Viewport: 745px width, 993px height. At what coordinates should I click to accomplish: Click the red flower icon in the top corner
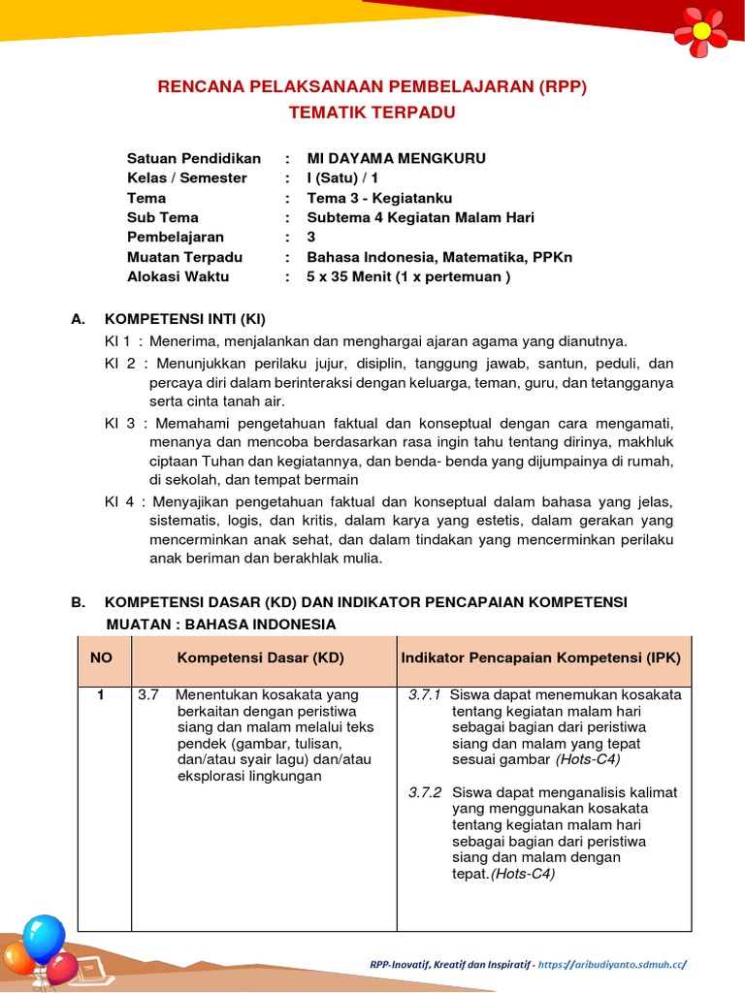tap(700, 29)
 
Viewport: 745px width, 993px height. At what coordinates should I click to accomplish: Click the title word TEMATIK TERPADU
tap(372, 112)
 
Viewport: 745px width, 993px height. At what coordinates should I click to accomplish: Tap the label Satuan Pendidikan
tap(194, 158)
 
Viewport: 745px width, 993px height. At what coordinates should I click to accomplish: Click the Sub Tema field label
tap(163, 217)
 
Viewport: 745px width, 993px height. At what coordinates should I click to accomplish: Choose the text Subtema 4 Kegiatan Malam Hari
tap(420, 217)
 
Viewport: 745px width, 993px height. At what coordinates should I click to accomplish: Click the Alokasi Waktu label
tap(178, 276)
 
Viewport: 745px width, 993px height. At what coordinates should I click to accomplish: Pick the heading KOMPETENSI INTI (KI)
tap(184, 319)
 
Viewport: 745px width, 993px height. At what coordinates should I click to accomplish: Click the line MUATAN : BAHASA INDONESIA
tap(221, 624)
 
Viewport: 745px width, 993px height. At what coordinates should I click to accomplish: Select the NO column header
tap(102, 657)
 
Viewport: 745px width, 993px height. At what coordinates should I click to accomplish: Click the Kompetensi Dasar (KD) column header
tap(260, 657)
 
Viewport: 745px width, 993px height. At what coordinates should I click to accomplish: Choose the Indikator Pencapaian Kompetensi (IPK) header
tap(540, 657)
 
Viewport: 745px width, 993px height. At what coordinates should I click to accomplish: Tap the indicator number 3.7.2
tap(425, 792)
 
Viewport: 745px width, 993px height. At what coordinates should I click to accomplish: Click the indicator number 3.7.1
tap(425, 695)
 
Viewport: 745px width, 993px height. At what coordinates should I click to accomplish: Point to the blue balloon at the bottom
tap(45, 939)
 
